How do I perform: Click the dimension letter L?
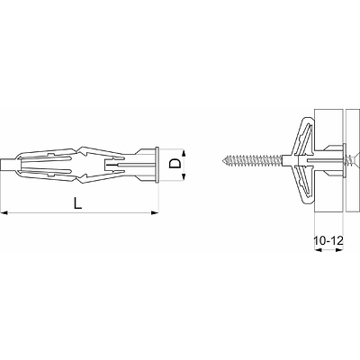click(x=77, y=202)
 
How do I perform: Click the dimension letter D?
click(x=175, y=164)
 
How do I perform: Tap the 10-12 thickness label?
click(x=328, y=240)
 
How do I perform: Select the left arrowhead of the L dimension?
click(x=4, y=213)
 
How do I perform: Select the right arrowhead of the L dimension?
click(x=155, y=213)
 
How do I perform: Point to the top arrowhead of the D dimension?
click(x=184, y=152)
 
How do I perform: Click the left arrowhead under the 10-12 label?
click(x=318, y=250)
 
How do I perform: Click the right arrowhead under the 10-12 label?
click(x=339, y=250)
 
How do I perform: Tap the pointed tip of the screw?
click(x=223, y=160)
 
